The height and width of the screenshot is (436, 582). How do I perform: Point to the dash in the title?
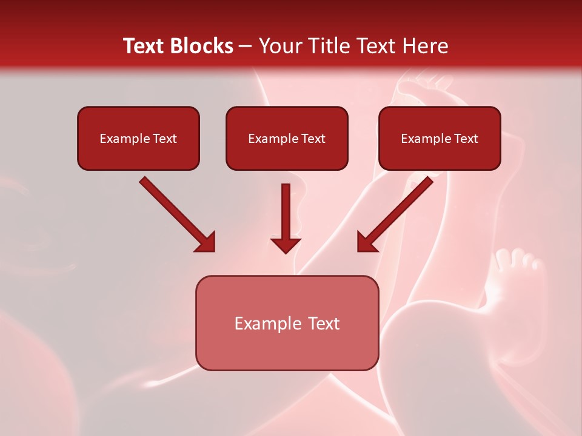246,46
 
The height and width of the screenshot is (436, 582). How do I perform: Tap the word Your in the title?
279,46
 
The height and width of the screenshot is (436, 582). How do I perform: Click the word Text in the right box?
466,139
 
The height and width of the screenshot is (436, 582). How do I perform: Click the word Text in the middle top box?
313,139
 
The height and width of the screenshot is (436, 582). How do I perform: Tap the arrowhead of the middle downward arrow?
286,245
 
